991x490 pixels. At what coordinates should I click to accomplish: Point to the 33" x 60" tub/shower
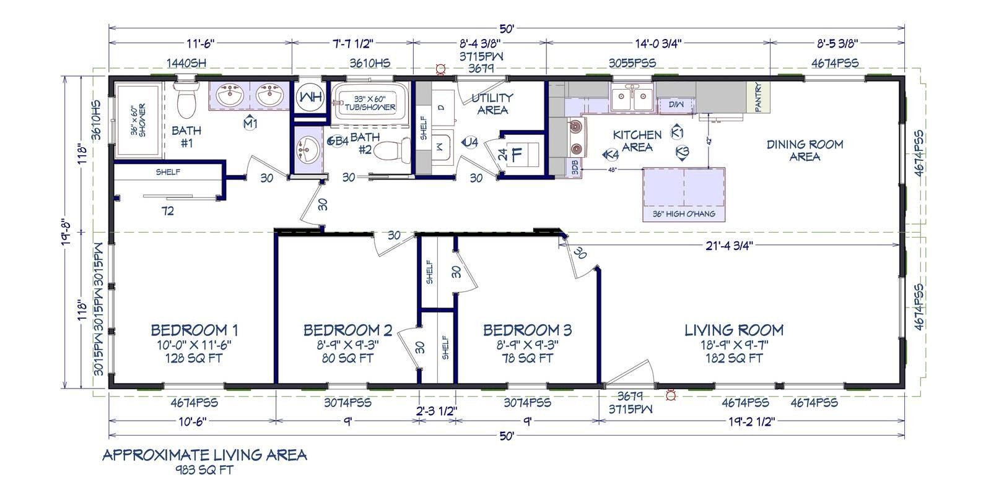pyautogui.click(x=367, y=103)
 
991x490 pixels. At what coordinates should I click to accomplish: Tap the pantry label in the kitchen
pyautogui.click(x=759, y=97)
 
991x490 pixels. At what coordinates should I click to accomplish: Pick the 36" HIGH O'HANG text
pyautogui.click(x=683, y=214)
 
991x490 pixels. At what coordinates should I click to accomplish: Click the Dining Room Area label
pyautogui.click(x=805, y=150)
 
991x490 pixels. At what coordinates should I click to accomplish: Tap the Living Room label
pyautogui.click(x=734, y=330)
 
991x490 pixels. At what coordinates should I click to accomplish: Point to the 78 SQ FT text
pyautogui.click(x=527, y=358)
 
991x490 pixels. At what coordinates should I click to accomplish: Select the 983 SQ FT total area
pyautogui.click(x=204, y=470)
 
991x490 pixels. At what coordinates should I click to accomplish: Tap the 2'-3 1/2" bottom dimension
pyautogui.click(x=437, y=410)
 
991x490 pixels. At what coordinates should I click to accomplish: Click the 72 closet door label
pyautogui.click(x=167, y=211)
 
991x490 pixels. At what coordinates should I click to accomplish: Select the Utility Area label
pyautogui.click(x=492, y=103)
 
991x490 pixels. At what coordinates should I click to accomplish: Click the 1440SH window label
pyautogui.click(x=186, y=62)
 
